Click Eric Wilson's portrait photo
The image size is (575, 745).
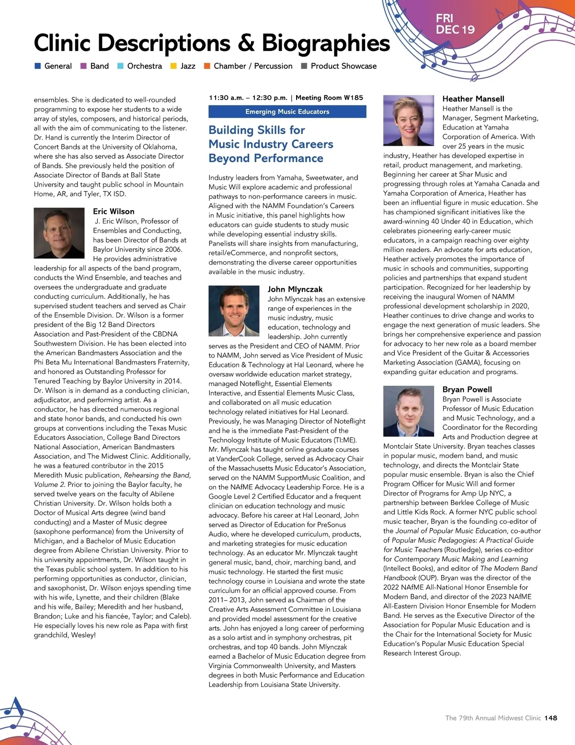click(59, 233)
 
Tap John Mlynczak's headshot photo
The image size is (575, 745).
click(234, 311)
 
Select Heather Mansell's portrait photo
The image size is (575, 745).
click(409, 120)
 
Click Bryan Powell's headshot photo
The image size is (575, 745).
click(409, 411)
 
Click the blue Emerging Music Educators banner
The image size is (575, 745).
click(287, 112)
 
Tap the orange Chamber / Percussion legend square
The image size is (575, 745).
click(207, 66)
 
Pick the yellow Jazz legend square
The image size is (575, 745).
click(173, 66)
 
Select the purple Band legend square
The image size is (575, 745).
click(83, 66)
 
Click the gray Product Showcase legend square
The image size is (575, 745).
click(304, 66)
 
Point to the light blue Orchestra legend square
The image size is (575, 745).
click(120, 66)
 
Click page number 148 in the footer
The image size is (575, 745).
click(551, 718)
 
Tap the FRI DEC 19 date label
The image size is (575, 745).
click(455, 24)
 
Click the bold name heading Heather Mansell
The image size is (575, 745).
click(473, 99)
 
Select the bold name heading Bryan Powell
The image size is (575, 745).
click(467, 390)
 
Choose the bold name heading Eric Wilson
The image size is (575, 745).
click(114, 212)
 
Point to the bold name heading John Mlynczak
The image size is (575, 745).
click(295, 289)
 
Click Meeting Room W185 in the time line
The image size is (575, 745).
click(329, 98)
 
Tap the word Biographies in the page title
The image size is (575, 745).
click(326, 43)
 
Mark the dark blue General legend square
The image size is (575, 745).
click(37, 66)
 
